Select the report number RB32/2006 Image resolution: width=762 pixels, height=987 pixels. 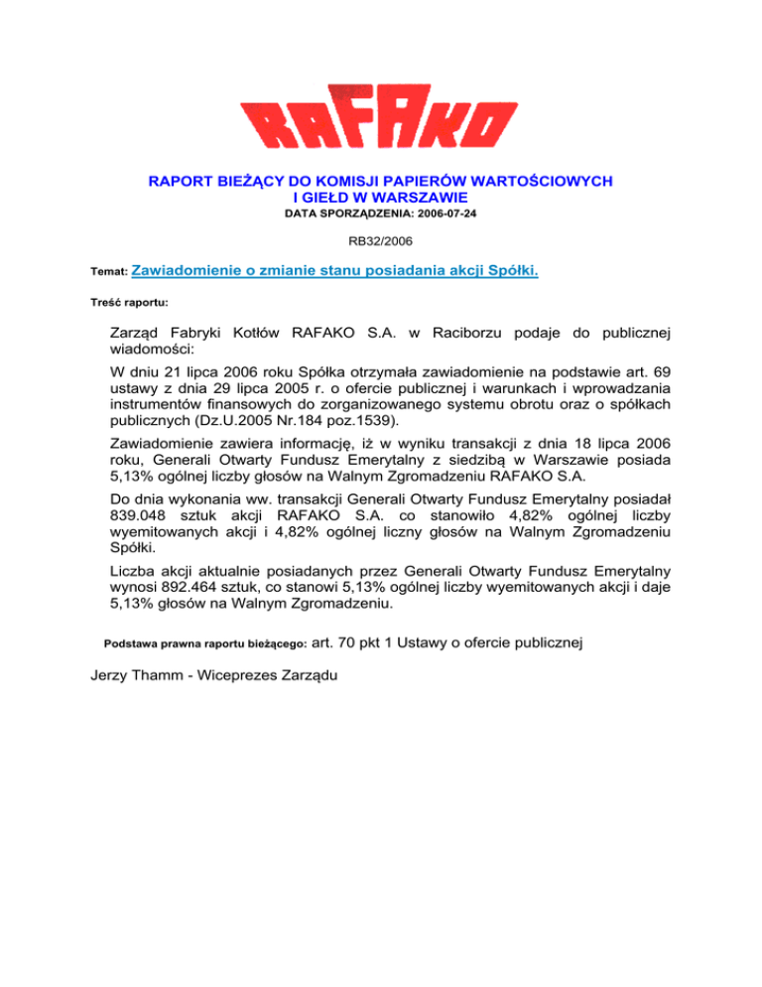380,239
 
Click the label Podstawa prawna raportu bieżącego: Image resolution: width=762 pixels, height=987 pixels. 205,644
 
